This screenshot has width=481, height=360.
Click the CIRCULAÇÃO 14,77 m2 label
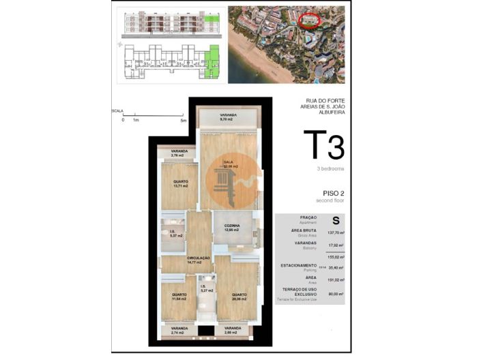click(x=199, y=260)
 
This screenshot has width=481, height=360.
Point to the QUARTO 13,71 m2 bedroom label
click(x=180, y=183)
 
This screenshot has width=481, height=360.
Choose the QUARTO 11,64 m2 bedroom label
click(x=179, y=297)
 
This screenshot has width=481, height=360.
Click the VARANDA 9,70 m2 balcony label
click(x=227, y=117)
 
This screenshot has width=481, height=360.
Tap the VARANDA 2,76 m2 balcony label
click(x=179, y=153)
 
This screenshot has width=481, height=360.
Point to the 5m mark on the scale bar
click(x=183, y=119)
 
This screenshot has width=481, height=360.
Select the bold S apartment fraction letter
click(x=335, y=220)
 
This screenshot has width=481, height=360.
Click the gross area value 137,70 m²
click(x=334, y=233)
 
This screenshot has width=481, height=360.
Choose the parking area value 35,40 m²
click(x=334, y=268)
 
